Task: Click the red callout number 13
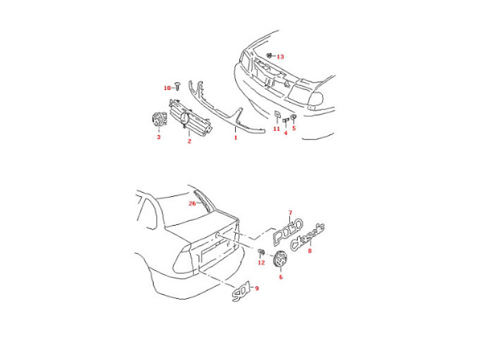click(280, 56)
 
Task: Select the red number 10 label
click(167, 88)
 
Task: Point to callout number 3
click(158, 137)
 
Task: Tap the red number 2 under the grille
click(189, 141)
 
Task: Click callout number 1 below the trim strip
click(236, 137)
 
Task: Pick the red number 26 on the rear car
click(193, 203)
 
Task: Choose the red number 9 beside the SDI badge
click(257, 289)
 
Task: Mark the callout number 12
click(261, 263)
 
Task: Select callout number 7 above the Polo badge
click(290, 212)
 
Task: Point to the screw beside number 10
click(178, 86)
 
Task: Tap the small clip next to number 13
click(270, 55)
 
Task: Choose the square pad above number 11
click(277, 115)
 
